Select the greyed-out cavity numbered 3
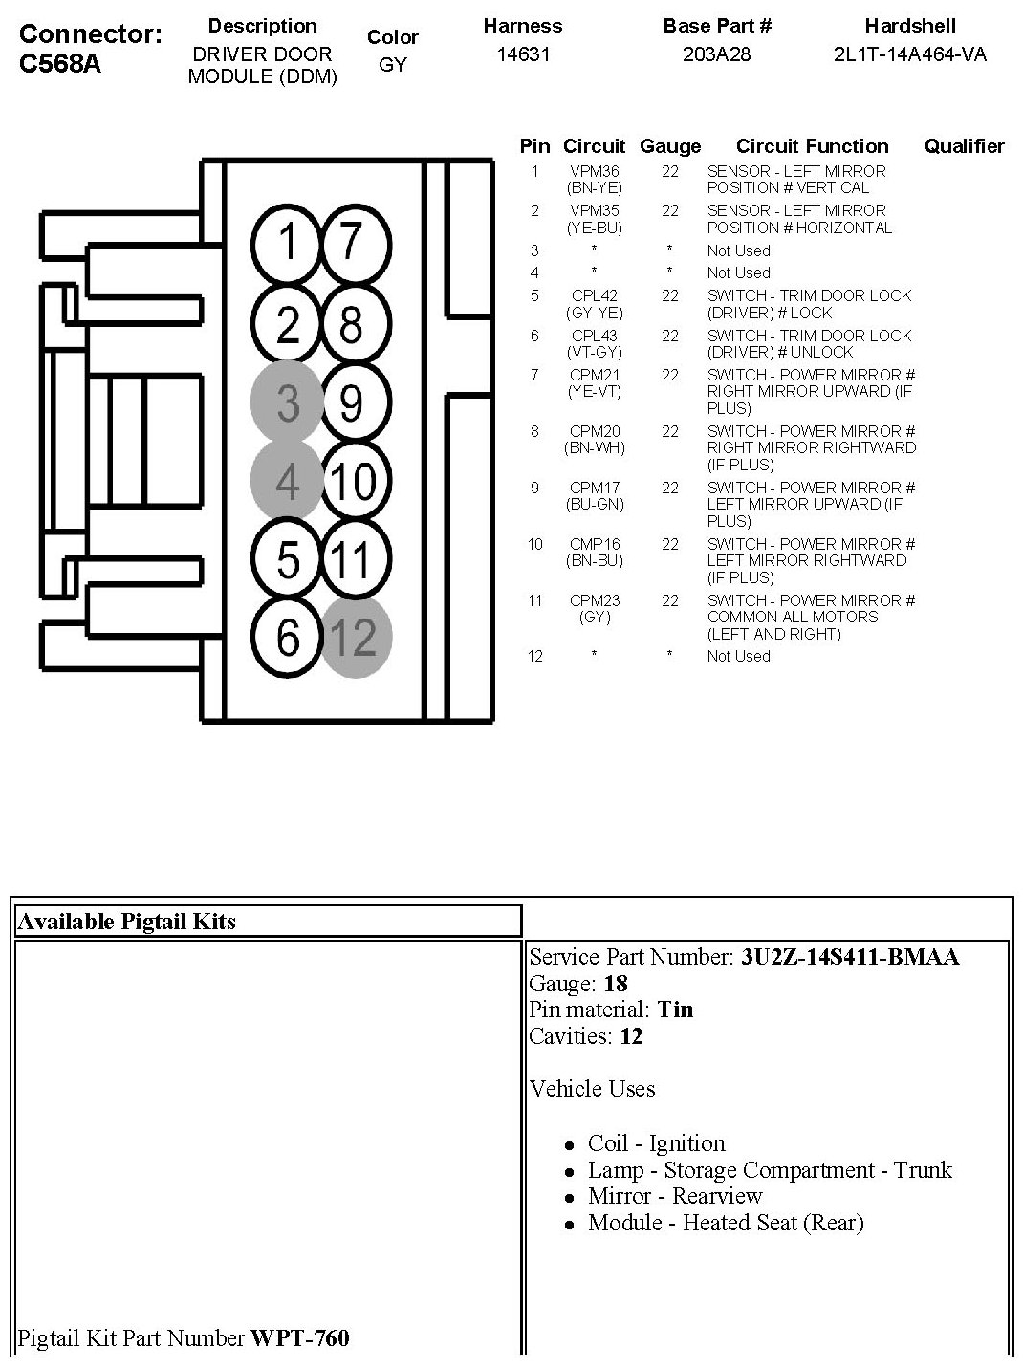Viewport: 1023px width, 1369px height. pos(288,402)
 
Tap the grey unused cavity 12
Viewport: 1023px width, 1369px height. pos(355,638)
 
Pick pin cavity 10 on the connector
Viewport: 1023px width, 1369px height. pos(353,481)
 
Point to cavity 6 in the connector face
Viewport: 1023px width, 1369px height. pos(288,638)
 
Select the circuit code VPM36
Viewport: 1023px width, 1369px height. pos(595,171)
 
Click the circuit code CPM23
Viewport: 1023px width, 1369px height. pos(595,600)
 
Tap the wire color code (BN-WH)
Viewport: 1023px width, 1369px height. pos(595,447)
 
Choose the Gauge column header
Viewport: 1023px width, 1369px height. pos(669,146)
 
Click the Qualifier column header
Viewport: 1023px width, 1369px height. pos(964,146)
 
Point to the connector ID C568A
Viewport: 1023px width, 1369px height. pos(59,64)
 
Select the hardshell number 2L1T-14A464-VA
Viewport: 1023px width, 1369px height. pos(909,54)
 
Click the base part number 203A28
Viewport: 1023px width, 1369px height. pos(716,54)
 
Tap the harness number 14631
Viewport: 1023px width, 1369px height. pos(523,54)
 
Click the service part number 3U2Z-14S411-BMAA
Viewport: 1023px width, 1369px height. pos(849,957)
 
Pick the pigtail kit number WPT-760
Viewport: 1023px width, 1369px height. pos(300,1337)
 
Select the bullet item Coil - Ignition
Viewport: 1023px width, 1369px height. pos(656,1143)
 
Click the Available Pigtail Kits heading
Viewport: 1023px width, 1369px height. pos(126,922)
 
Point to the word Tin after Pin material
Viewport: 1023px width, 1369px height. pos(676,1010)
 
